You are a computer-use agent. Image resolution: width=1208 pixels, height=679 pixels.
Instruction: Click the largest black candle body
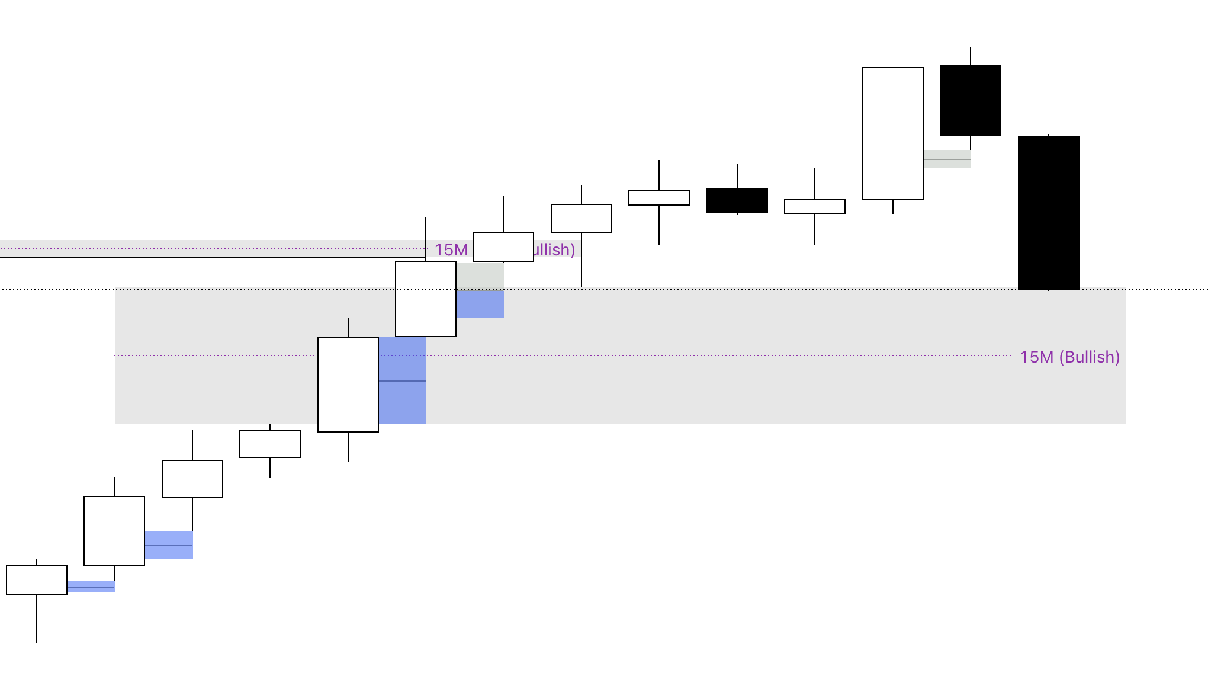1048,213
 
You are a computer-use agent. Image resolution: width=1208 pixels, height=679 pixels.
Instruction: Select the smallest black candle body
737,200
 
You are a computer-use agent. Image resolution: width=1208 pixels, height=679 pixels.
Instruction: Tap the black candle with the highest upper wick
971,101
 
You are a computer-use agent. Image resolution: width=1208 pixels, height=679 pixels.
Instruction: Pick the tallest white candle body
893,133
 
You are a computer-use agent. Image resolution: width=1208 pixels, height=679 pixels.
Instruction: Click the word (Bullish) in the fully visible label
1089,357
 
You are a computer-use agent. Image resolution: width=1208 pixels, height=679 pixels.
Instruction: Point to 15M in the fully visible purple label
1036,357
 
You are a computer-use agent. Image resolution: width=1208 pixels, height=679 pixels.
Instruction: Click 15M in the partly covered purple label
451,250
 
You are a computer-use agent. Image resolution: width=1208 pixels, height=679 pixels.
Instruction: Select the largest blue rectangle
403,380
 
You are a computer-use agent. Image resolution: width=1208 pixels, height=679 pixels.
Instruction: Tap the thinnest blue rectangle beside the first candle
91,587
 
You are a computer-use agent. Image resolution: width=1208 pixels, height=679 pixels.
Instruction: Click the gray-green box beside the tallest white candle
947,159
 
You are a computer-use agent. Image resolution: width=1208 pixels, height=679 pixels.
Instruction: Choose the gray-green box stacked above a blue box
480,276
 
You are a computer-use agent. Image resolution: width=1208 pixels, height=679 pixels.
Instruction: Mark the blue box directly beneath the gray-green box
480,304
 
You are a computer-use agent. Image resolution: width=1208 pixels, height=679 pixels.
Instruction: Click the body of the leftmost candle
37,580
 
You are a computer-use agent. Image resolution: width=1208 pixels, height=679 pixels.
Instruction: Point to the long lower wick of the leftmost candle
37,619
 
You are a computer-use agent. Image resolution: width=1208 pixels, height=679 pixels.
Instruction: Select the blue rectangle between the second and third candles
169,545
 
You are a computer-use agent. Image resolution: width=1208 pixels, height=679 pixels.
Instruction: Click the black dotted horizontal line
770,290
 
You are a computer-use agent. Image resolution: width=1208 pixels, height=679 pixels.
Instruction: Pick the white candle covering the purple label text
503,247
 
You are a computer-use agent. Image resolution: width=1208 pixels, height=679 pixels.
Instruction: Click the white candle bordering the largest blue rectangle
348,385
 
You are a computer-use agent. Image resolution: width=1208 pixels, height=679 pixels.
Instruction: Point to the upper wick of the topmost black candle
971,56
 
